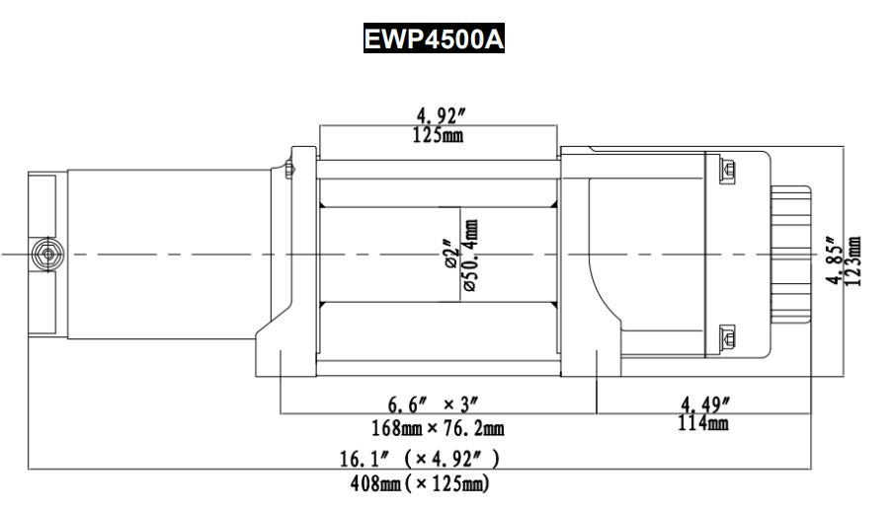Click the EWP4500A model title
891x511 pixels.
coord(435,39)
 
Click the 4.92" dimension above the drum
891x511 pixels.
coord(437,116)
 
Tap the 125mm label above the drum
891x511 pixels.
coord(437,134)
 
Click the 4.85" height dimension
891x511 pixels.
coord(838,260)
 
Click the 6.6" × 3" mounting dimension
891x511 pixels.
coord(432,405)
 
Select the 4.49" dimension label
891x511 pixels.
coord(705,404)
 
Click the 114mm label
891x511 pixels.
coord(705,424)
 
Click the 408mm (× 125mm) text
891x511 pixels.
coord(421,483)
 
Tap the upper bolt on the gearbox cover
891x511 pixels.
coord(729,171)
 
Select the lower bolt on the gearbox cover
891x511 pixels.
coord(729,336)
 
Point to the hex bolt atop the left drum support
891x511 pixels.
coord(289,169)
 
